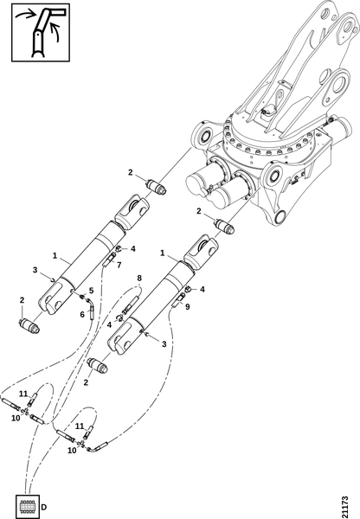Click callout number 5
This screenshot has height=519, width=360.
tap(91, 291)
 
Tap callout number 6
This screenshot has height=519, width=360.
tap(82, 314)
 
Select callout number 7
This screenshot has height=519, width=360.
tap(119, 265)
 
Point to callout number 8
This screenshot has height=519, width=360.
tap(139, 278)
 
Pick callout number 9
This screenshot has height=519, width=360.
tap(188, 307)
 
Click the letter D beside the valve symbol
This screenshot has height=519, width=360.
tap(44, 507)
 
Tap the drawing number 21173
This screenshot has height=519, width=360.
tap(344, 506)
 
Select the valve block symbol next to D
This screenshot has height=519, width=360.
tap(28, 507)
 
